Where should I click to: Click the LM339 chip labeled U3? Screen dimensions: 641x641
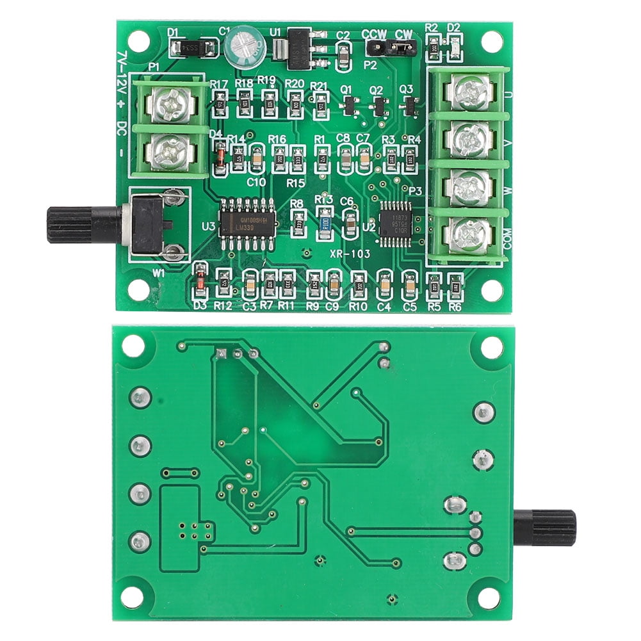click(x=248, y=222)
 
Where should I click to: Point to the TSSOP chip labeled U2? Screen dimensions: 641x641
click(x=395, y=221)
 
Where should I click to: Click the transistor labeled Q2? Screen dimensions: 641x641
click(x=379, y=106)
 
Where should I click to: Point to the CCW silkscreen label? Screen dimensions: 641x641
click(x=373, y=34)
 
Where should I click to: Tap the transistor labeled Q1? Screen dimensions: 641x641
click(x=348, y=106)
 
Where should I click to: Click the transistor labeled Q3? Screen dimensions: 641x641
click(x=410, y=106)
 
